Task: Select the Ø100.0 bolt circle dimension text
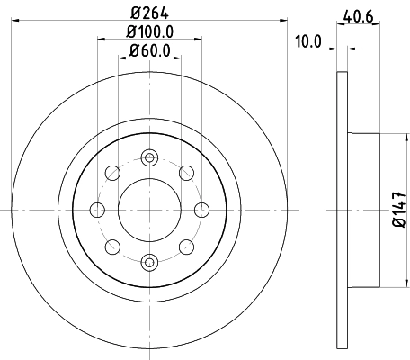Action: click(149, 33)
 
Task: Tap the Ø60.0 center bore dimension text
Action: click(149, 52)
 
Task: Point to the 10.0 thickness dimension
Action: click(308, 40)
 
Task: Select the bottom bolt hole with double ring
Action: click(149, 262)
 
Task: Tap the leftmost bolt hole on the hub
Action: click(97, 209)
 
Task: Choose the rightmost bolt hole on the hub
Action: click(201, 209)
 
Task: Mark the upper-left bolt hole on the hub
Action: click(112, 172)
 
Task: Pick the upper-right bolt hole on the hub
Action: click(186, 172)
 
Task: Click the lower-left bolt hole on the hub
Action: click(112, 246)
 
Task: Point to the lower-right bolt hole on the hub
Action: click(186, 246)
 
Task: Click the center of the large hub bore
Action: click(149, 209)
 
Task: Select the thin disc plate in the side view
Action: click(341, 209)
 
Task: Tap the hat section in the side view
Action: click(363, 209)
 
